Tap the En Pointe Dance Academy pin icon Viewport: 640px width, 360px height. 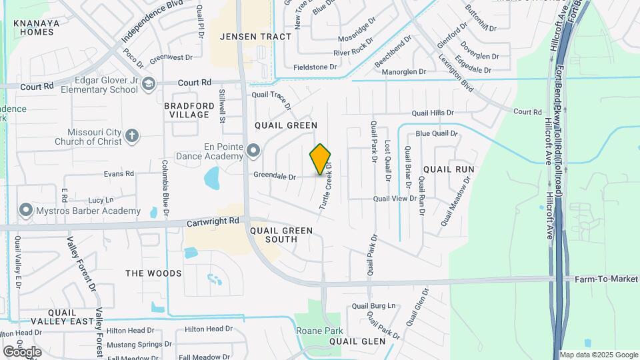click(x=253, y=151)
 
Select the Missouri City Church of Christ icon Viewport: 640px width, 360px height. click(x=132, y=136)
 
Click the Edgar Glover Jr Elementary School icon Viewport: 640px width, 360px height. click(x=148, y=83)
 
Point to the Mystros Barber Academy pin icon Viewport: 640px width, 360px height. click(x=26, y=211)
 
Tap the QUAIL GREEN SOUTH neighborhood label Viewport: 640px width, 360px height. click(x=281, y=235)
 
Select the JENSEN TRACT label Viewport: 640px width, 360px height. click(x=256, y=37)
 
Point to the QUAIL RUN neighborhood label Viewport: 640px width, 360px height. click(x=449, y=169)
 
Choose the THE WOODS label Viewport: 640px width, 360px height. click(x=153, y=273)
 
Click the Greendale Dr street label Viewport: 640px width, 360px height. click(x=274, y=177)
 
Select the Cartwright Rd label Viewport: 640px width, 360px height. click(x=213, y=221)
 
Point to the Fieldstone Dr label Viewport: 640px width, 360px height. click(x=316, y=67)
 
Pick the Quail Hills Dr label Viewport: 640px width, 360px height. click(x=432, y=113)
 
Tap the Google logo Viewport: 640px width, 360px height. click(x=22, y=351)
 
